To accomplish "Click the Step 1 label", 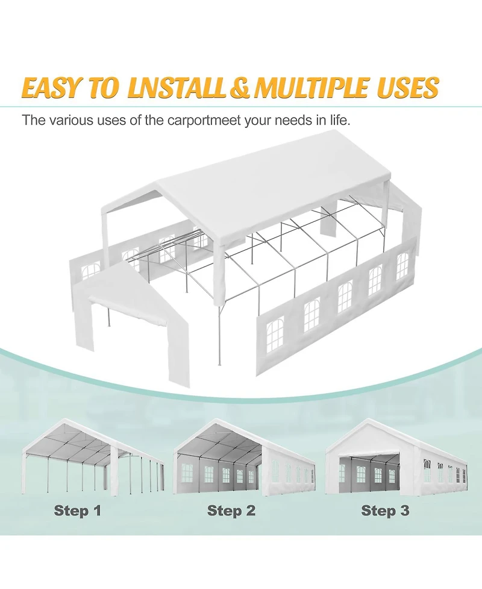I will click(x=78, y=511).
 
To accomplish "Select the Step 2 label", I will click(x=231, y=511).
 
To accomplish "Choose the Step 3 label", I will click(x=385, y=511).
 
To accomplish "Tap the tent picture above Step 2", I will click(x=244, y=458).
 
